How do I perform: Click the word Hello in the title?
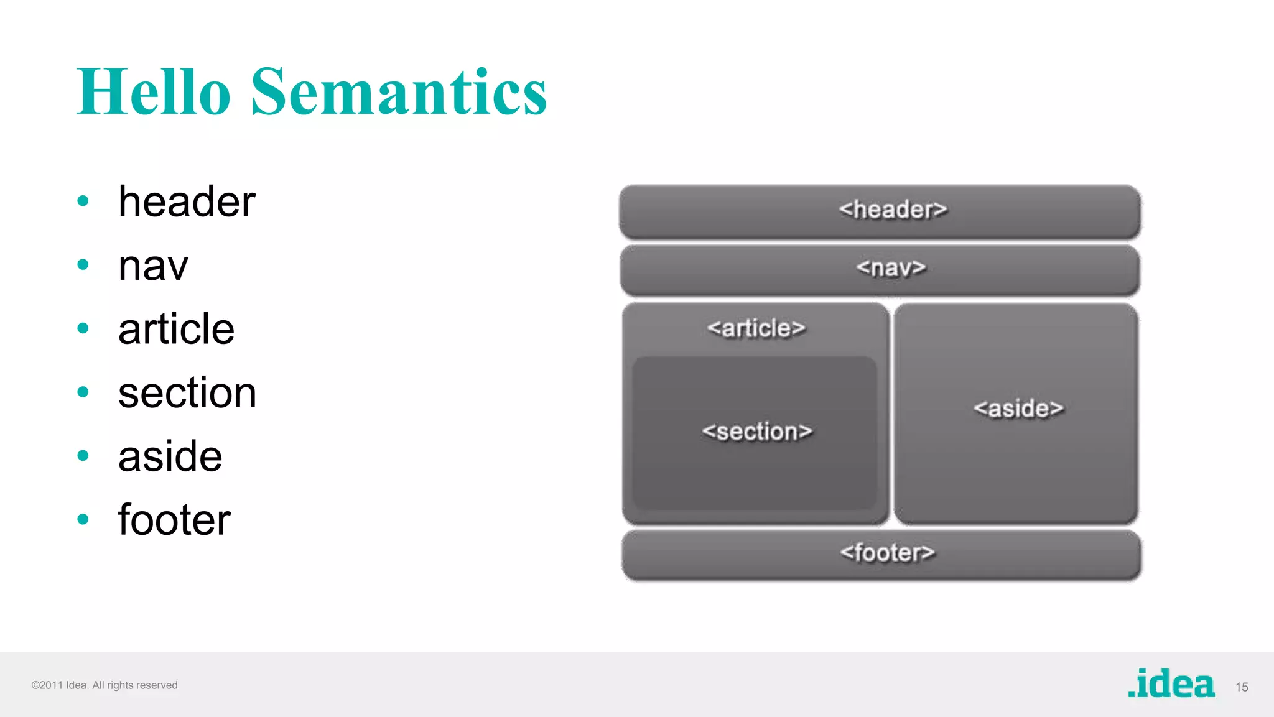154,92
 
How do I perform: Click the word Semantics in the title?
399,92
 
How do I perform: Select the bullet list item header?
187,202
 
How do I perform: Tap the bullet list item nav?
153,266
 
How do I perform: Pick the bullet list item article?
176,329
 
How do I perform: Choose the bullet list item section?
187,393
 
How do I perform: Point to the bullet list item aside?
170,456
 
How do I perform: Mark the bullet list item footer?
174,520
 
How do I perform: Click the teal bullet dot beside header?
83,201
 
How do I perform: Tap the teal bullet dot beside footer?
83,519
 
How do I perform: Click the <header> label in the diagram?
893,210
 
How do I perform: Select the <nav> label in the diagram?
891,268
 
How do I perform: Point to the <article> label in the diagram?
756,328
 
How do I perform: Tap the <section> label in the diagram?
757,432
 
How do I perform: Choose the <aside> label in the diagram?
1018,409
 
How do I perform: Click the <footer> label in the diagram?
887,552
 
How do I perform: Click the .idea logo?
1171,684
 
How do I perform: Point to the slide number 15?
1242,687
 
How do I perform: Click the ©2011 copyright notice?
105,685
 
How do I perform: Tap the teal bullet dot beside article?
83,328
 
